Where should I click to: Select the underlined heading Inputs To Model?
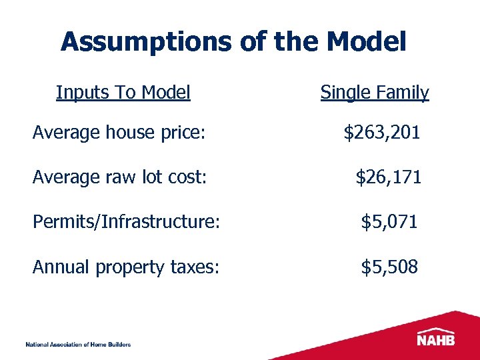coord(123,92)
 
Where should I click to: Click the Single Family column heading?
coord(375,92)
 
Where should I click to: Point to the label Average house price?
coord(118,133)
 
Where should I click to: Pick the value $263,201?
coord(381,133)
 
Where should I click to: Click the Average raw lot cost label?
coord(120,177)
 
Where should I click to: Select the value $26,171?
coord(388,177)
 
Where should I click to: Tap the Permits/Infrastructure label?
coord(126,222)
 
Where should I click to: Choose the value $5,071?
coord(389,222)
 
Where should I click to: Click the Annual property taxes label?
coord(127,267)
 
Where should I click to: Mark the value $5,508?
coord(389,267)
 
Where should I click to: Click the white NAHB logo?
coord(437,337)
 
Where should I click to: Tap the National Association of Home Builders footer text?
coord(78,344)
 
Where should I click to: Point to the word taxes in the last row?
coord(199,267)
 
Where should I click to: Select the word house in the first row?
coord(130,133)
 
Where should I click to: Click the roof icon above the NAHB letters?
coord(437,329)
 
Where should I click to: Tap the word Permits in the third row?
coord(65,222)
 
